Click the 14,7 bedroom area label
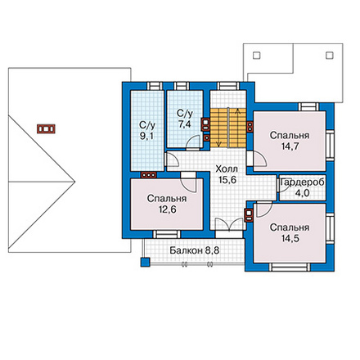coord(290,146)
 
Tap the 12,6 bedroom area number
coord(167,209)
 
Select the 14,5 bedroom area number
coord(290,238)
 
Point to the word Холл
coord(227,169)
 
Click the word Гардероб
coord(303,182)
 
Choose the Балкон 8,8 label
coord(195,250)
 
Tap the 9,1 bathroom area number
coord(147,136)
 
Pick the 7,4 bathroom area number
coord(185,124)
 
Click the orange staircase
coord(228,128)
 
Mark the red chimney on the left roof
coord(46,128)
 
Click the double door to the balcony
coord(229,224)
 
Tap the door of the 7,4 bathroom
coord(193,142)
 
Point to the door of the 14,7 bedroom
coord(259,159)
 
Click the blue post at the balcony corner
coord(146,262)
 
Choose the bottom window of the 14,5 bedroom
coord(290,267)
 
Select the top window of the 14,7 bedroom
coord(308,106)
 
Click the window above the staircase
coord(229,86)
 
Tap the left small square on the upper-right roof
coord(257,56)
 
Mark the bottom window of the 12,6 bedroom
coord(167,234)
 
